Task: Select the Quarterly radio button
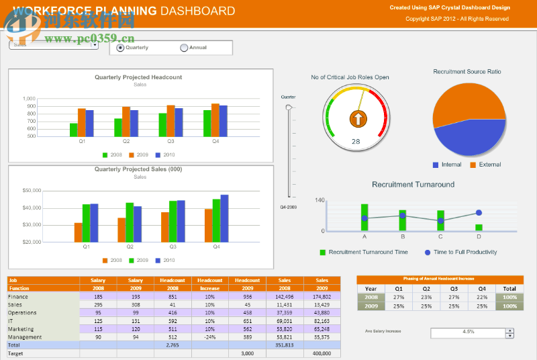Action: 121,48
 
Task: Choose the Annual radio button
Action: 185,48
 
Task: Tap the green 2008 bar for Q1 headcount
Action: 74,130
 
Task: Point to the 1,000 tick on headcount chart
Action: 29,99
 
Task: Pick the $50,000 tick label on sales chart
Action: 32,191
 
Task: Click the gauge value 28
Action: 356,141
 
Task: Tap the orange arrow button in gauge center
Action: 358,120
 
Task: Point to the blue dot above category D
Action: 479,213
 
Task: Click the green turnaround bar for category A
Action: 364,217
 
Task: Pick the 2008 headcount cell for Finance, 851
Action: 173,296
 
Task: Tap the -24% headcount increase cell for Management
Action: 210,337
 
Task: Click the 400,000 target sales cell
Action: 322,353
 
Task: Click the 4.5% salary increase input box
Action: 468,332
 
